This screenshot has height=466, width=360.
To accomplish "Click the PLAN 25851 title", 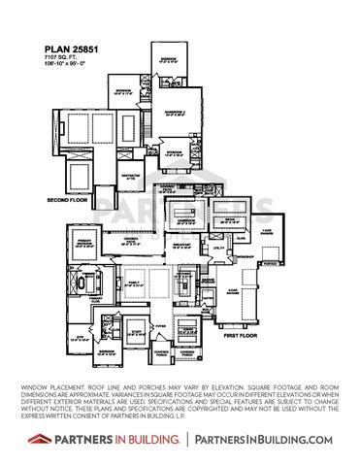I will click(71, 47).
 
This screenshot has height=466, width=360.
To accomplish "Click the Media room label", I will click(86, 276).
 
